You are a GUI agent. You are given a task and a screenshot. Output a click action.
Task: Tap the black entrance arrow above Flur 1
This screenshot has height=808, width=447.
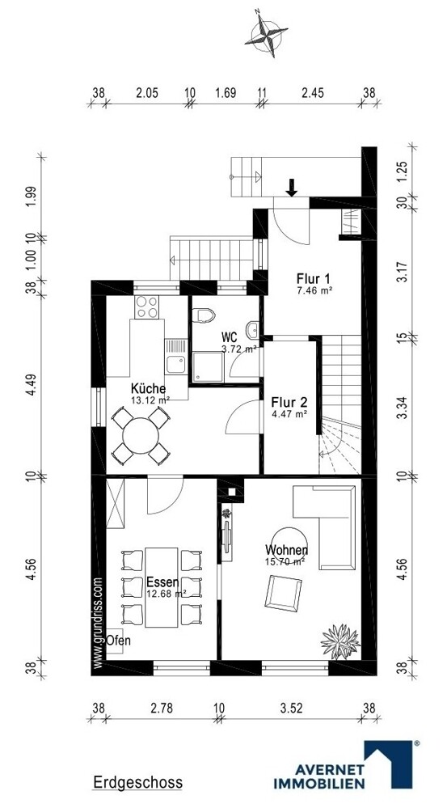[x=292, y=188]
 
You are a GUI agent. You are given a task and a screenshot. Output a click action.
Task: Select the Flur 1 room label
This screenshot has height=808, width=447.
[x=313, y=279]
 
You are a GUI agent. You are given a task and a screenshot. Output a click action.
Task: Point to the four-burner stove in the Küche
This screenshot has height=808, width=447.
[x=147, y=307]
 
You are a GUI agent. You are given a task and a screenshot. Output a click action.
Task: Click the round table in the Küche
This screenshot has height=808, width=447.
[x=141, y=435]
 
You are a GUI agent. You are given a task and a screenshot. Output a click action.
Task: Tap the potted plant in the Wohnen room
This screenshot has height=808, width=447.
[x=339, y=641]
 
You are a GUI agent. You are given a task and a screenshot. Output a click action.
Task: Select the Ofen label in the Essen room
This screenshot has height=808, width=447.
[x=119, y=641]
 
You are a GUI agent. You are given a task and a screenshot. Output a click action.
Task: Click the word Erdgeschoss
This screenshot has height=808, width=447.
[x=137, y=782]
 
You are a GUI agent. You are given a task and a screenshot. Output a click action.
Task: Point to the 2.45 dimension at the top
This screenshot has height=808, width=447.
[x=312, y=93]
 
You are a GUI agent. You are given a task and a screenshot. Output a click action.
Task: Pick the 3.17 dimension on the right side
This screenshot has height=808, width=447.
[x=403, y=273]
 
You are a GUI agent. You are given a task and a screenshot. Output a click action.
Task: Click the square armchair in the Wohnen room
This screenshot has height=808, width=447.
[x=283, y=593]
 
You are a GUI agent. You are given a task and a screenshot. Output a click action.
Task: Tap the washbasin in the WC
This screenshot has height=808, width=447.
[x=252, y=330]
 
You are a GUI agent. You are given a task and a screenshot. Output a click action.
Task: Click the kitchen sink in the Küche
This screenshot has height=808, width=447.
[x=175, y=364]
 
